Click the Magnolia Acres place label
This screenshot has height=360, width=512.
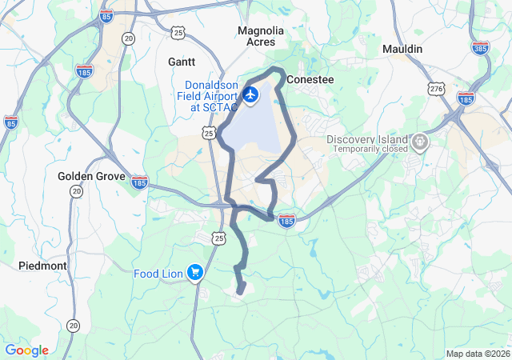pos(261,36)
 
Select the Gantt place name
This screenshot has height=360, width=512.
pos(182,61)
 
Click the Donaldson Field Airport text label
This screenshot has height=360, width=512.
pos(211,95)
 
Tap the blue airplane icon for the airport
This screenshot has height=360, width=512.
pos(251,95)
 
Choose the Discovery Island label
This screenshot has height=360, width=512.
pos(367,139)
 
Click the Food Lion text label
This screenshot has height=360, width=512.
pos(158,274)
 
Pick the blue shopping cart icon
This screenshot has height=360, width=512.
pos(194,274)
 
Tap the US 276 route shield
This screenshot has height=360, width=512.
pos(436,88)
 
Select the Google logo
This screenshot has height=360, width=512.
pos(26,350)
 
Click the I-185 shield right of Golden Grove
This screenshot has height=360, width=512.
pos(139,182)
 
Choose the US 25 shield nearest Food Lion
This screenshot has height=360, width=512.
pos(218,237)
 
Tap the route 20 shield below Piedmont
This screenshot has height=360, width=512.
pos(74,325)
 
